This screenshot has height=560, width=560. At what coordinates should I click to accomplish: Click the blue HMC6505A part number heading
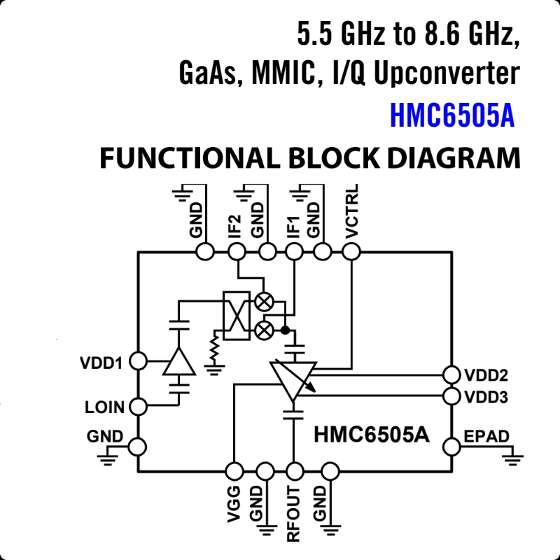pyautogui.click(x=452, y=117)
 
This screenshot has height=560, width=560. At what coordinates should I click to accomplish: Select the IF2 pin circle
pyautogui.click(x=236, y=251)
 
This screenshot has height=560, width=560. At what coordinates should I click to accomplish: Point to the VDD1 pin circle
pyautogui.click(x=138, y=362)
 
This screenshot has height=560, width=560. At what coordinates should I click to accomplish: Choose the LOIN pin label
pyautogui.click(x=104, y=407)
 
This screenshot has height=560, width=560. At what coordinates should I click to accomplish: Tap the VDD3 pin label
pyautogui.click(x=486, y=397)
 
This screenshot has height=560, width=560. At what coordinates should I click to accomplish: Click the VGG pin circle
pyautogui.click(x=235, y=470)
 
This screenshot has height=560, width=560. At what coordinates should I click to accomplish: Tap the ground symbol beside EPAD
pyautogui.click(x=514, y=458)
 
